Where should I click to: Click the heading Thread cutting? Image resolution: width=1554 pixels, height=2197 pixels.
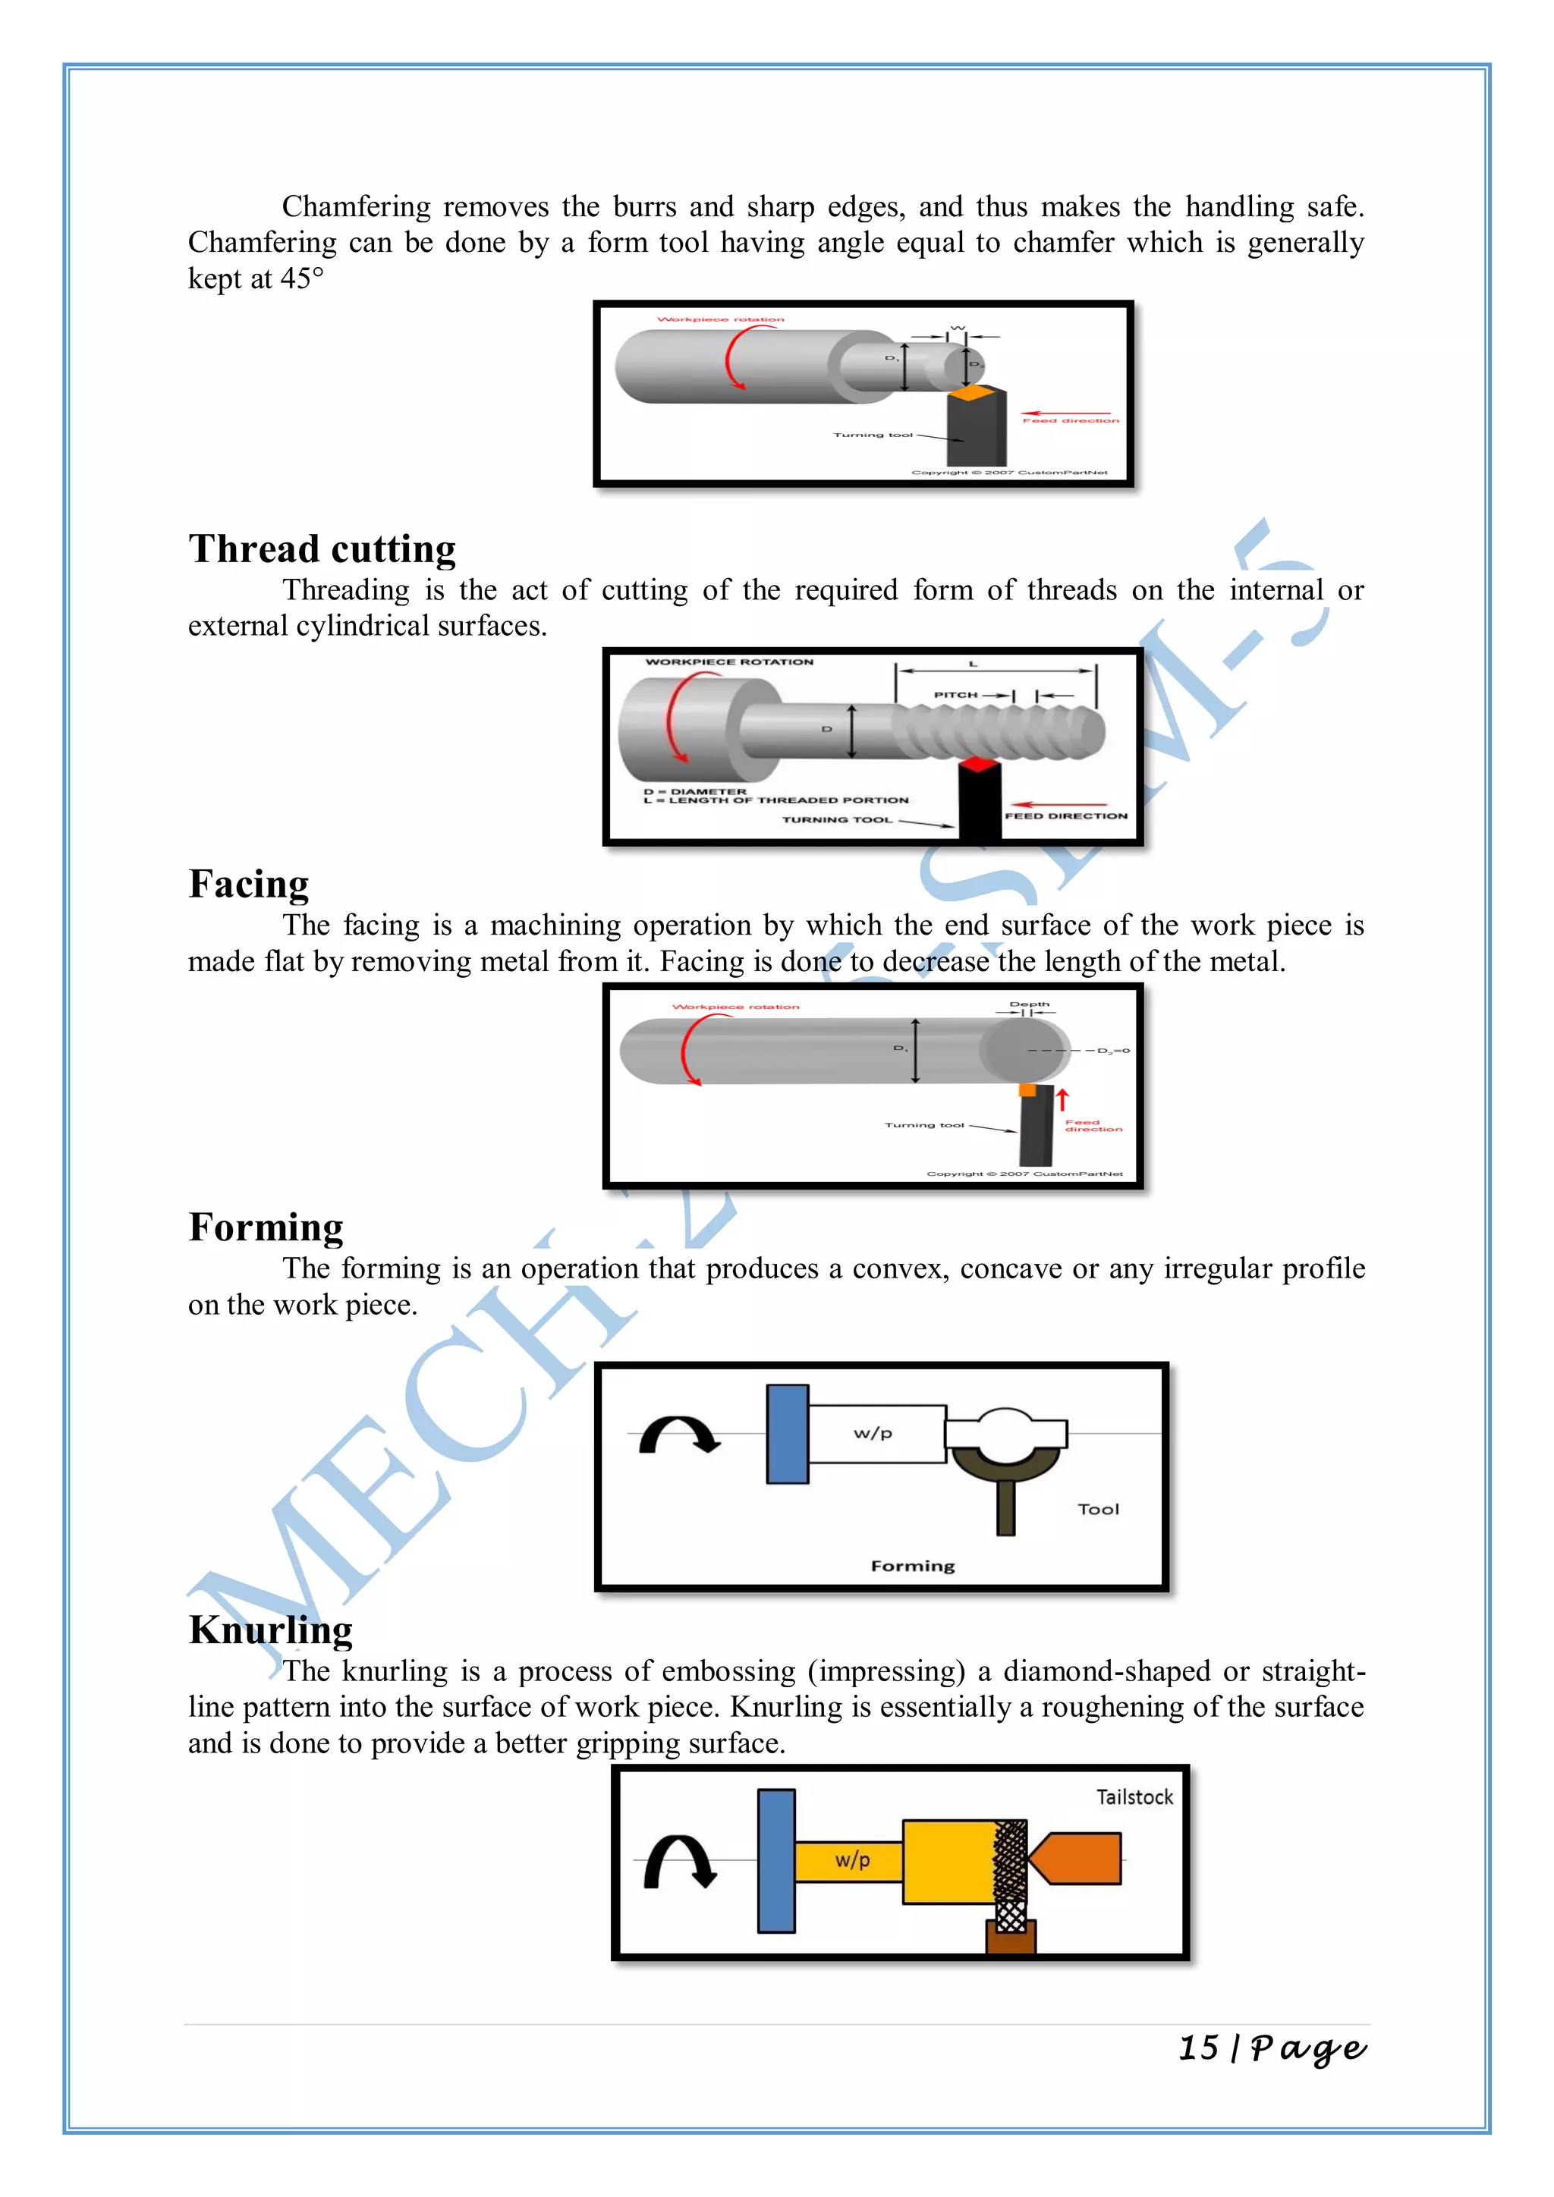pos(322,549)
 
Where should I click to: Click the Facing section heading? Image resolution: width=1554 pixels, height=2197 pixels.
pos(249,884)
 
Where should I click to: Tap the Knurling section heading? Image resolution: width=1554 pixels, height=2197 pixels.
pos(271,1630)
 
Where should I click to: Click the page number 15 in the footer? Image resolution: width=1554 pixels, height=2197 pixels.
pos(1198,2048)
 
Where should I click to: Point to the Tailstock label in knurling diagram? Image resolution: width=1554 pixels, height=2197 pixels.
pos(1134,1797)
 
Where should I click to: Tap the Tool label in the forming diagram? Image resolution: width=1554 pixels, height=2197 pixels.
pos(1097,1509)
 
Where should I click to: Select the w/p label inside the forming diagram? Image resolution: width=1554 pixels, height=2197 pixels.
pos(873,1433)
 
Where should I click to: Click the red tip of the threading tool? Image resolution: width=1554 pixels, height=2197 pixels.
pos(978,764)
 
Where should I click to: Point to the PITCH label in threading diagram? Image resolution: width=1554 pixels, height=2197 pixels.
pos(955,695)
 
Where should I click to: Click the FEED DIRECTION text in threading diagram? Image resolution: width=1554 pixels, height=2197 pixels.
pos(1066,816)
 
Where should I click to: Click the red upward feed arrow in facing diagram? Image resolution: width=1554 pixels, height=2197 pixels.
pos(1062,1098)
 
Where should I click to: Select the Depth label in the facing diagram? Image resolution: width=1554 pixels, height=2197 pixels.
pos(1029,1004)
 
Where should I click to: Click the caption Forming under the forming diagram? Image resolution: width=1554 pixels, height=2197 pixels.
pos(912,1567)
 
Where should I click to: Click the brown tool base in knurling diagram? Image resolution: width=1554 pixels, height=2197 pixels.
pos(1011,1938)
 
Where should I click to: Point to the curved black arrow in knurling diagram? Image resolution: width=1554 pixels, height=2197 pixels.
pos(678,1861)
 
